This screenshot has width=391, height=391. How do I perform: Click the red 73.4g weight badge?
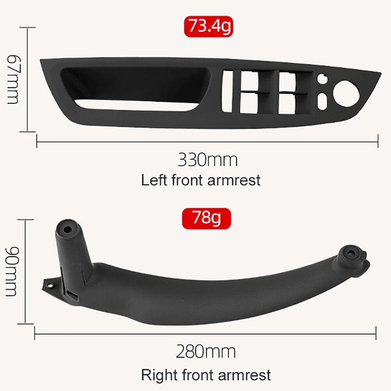coord(209,27)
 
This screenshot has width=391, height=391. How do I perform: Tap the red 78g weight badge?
coord(207,218)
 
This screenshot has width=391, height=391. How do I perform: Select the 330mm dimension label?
coord(208,160)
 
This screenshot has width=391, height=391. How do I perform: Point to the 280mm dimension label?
coord(206,352)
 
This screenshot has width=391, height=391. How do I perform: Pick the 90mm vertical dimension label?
coord(12,271)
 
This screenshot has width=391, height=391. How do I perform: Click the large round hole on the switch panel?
coord(346,93)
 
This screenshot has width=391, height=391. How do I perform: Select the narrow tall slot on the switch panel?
coord(227,91)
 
